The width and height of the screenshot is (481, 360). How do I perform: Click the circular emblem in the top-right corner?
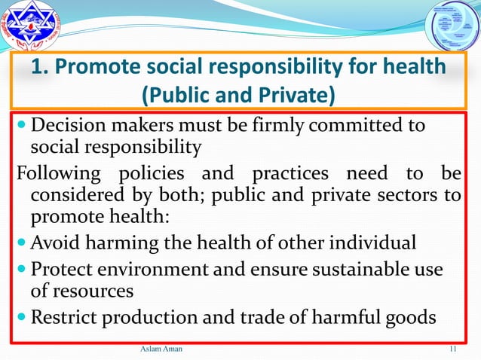[451, 29]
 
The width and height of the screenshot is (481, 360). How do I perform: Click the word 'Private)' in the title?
[294, 96]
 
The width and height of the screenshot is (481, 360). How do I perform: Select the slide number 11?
[453, 349]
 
